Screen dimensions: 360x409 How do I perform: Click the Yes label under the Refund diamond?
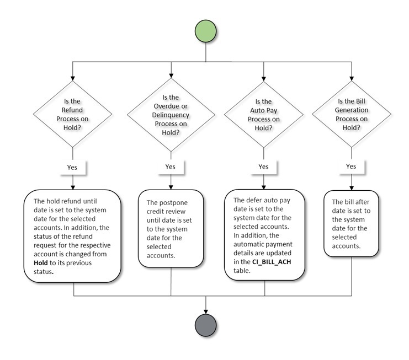coord(73,166)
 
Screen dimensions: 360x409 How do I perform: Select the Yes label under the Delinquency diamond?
coord(171,166)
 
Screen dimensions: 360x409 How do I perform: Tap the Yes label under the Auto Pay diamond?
coord(264,166)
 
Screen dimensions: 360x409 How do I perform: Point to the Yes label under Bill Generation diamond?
coord(350,166)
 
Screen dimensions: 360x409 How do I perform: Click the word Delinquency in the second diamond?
coord(171,115)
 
